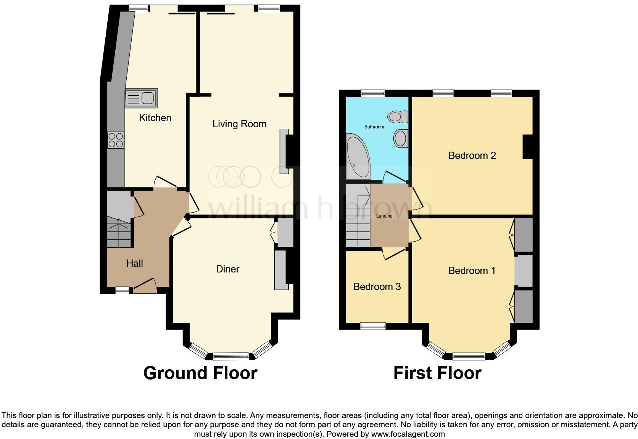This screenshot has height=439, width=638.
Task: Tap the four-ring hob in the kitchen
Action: point(116,140)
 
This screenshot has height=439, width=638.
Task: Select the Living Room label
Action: point(239,124)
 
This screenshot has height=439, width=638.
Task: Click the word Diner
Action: point(227,269)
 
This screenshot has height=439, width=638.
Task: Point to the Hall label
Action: point(134,263)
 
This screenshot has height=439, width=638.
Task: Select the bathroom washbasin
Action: point(401,138)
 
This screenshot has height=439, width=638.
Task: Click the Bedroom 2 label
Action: point(472,155)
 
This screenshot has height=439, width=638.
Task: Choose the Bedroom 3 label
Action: point(377,287)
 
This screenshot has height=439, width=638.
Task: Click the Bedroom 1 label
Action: point(472,271)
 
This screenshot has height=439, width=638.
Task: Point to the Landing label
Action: point(384,216)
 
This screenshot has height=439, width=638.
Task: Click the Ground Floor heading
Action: point(200,373)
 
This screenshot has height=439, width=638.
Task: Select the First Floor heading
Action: point(437,373)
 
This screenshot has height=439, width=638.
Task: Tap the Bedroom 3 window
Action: point(373,326)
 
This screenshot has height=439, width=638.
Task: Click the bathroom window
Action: point(373,93)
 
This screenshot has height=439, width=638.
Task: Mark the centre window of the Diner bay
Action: point(230,357)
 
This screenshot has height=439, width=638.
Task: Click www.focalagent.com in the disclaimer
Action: point(408,434)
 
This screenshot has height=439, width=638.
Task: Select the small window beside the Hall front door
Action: point(122,290)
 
